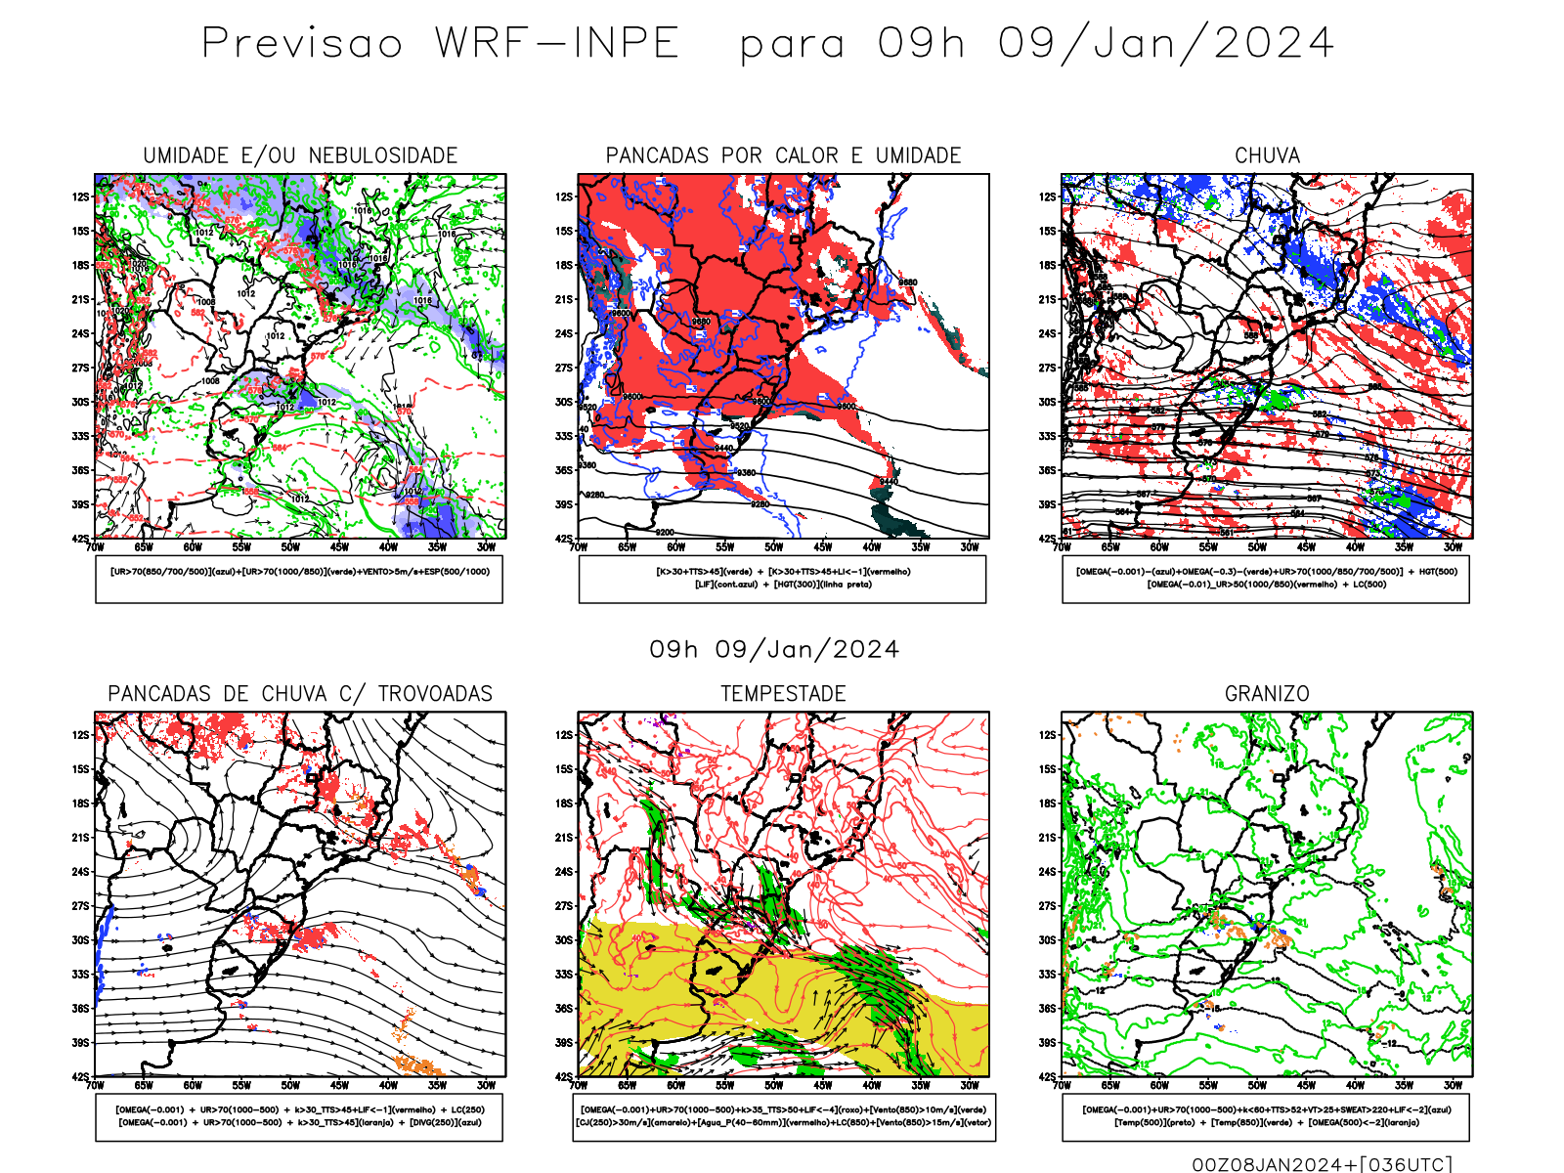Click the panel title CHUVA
pos(1267,155)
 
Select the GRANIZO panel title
pos(1267,694)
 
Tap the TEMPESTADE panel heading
pos(783,694)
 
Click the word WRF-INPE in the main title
pos(557,44)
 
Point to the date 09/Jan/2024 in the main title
pos(1165,44)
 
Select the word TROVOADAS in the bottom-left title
pos(435,694)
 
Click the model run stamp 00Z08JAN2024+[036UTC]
pos(1322,1163)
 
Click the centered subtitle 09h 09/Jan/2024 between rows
pos(774,650)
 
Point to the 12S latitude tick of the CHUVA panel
pos(1048,196)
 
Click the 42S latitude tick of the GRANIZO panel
pos(1048,1077)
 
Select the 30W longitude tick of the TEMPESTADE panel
pos(969,1085)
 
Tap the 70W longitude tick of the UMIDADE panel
pos(95,547)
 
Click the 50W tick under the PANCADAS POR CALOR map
pos(773,547)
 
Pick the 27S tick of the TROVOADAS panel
pos(80,906)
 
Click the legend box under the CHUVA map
pos(1266,579)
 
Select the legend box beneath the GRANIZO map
pos(1266,1116)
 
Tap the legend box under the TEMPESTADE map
pos(783,1116)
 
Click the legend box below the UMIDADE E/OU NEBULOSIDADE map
pos(299,579)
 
